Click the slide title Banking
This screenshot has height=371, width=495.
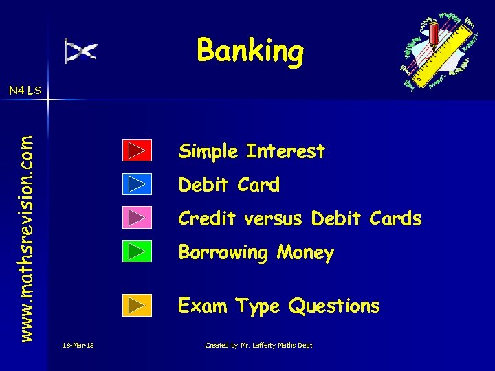tap(250, 51)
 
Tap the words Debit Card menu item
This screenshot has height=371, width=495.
tap(229, 185)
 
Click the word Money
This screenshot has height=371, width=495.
tap(305, 253)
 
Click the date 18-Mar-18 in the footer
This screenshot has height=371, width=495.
tap(77, 345)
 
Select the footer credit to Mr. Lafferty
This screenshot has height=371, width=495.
tap(259, 345)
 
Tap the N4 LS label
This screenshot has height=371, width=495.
tap(25, 90)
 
